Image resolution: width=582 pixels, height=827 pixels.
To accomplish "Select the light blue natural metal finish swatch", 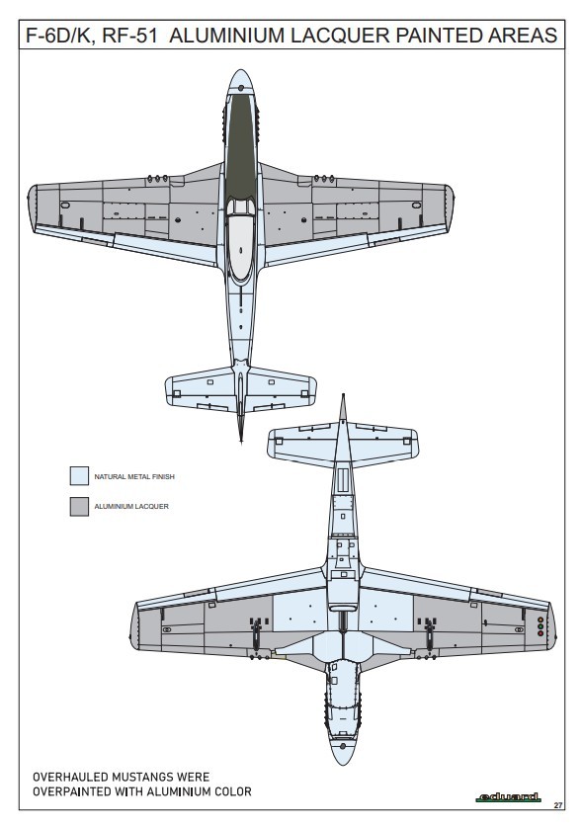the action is click(x=79, y=475).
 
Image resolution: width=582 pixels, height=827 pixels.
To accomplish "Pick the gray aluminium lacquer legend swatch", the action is click(x=79, y=506).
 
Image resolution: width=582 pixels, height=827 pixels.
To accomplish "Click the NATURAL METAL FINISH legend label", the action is click(x=134, y=476).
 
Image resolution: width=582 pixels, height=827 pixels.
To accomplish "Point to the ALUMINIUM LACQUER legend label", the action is click(x=131, y=506).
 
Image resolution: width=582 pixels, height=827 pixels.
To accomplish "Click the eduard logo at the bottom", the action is click(x=508, y=797).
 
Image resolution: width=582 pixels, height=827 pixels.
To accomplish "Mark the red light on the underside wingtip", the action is click(x=540, y=633).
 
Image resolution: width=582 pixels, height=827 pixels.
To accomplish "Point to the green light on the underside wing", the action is click(x=540, y=626).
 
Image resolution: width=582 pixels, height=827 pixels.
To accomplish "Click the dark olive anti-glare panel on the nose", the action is click(x=241, y=145).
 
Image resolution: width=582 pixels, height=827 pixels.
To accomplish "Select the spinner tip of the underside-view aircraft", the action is click(x=343, y=762).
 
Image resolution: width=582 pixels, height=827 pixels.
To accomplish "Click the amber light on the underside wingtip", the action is click(x=540, y=620).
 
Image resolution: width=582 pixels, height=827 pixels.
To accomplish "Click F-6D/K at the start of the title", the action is click(x=60, y=36).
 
